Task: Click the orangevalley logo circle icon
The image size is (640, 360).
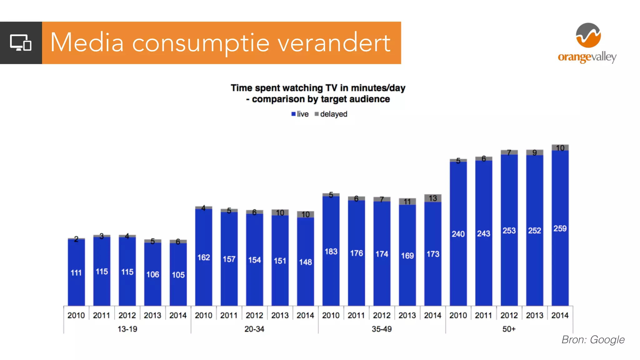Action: (x=588, y=35)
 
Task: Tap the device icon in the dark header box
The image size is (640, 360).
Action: (x=21, y=43)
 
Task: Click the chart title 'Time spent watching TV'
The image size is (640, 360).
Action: (x=318, y=88)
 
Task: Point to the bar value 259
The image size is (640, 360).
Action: (x=560, y=228)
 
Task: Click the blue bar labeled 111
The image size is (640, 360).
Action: (x=76, y=272)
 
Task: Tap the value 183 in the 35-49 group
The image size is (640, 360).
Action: (x=331, y=252)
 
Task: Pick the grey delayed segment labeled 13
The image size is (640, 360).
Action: (x=432, y=198)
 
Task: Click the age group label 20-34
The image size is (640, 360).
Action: (x=254, y=329)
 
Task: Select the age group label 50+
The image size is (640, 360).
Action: (x=509, y=329)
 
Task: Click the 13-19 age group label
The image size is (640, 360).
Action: (x=127, y=329)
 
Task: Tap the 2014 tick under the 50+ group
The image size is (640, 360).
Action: (x=560, y=315)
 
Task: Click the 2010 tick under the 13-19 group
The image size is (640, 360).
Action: (x=76, y=315)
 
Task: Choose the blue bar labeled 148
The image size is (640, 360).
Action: (x=305, y=262)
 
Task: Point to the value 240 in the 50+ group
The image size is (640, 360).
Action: (x=458, y=234)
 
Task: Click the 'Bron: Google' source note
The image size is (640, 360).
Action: (x=593, y=340)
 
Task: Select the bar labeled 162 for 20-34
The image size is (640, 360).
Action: (x=203, y=257)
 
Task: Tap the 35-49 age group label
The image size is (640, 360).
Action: (x=382, y=329)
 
